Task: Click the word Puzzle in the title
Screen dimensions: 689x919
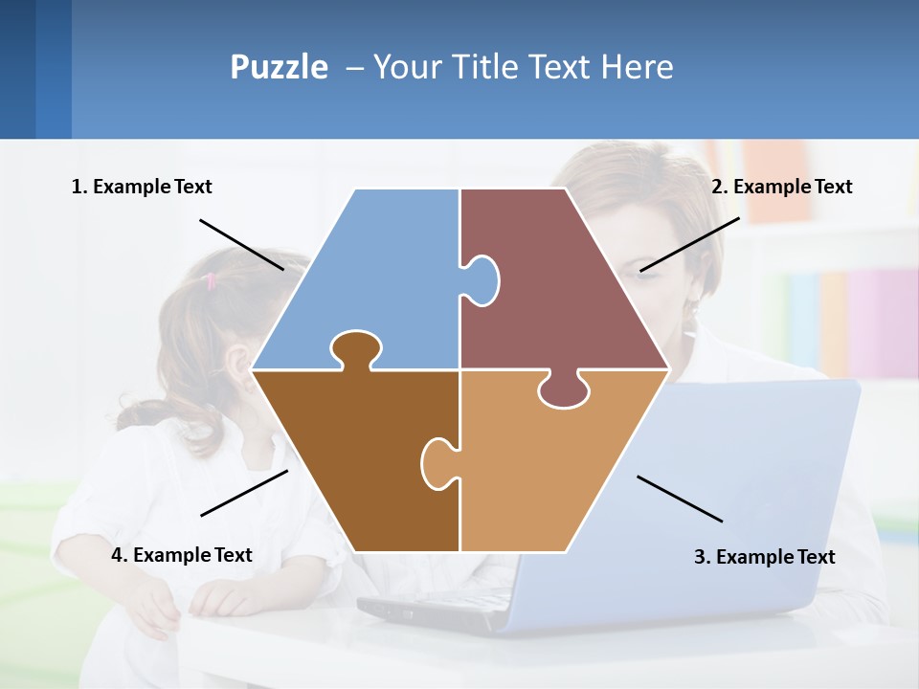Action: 279,67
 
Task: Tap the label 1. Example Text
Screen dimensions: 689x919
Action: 142,187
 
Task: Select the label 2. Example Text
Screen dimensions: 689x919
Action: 781,187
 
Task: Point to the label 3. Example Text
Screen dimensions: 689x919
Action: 764,557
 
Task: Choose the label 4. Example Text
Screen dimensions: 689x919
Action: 181,555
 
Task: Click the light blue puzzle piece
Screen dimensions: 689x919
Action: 383,278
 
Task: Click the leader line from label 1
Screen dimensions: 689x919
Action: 241,244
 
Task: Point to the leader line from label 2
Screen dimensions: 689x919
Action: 689,244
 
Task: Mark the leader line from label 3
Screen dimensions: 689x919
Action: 680,499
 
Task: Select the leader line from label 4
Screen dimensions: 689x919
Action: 244,493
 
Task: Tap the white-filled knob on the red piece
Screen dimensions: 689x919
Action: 482,280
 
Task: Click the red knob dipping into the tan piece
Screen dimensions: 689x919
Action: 564,390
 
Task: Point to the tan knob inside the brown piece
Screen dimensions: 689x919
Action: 437,462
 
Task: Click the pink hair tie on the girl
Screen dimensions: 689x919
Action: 211,280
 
